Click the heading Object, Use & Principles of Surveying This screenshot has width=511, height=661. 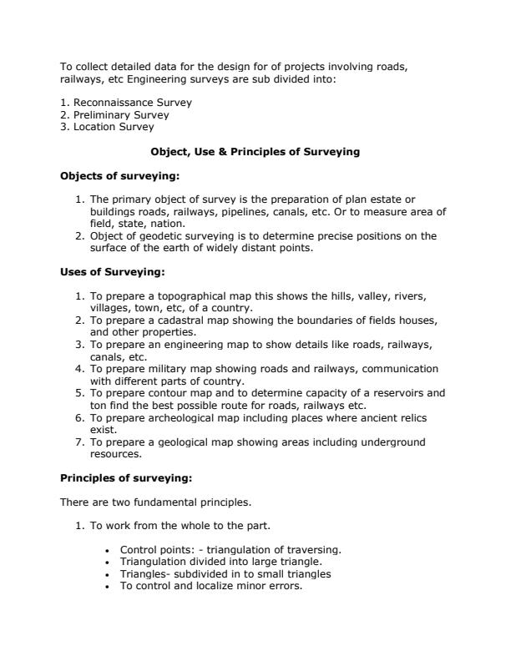coord(255,152)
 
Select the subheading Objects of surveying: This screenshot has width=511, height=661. coord(119,176)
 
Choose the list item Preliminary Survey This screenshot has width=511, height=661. coord(121,115)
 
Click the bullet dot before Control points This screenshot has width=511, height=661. coord(110,551)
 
